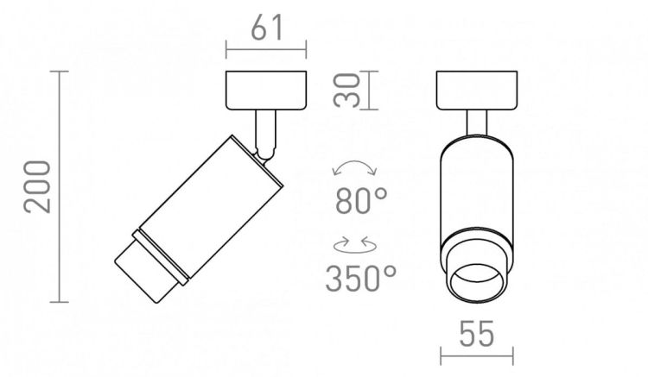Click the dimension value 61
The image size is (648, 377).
click(267, 28)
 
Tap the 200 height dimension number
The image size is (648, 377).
click(37, 187)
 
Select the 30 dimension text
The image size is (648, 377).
click(346, 90)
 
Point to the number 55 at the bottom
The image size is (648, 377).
click(476, 334)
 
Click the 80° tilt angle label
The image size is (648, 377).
click(361, 201)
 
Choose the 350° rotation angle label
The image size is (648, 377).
click(360, 278)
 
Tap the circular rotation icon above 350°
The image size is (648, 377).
click(355, 245)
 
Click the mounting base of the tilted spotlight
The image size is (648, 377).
click(266, 91)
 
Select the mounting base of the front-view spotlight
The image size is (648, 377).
click(476, 91)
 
